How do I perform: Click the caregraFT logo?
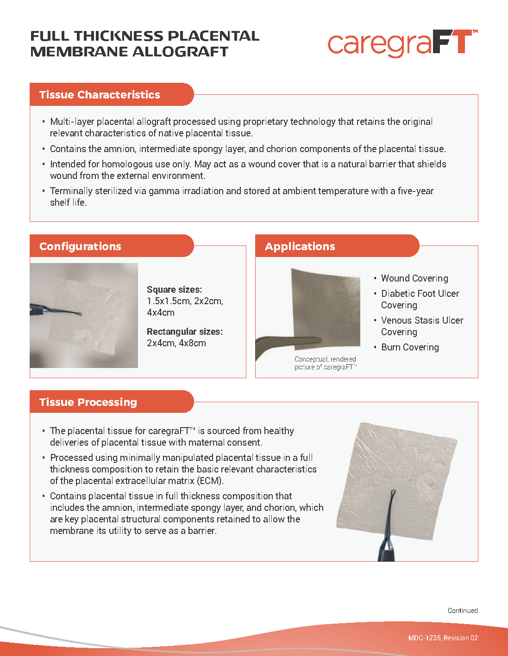coord(402,43)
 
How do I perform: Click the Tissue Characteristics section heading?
coord(100,95)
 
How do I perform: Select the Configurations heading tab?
coord(80,246)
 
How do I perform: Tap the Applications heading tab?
coord(300,246)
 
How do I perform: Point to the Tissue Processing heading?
coord(88,402)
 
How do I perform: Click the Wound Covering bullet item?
coord(414,278)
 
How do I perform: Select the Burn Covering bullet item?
coord(410,347)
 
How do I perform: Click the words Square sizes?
coord(174,289)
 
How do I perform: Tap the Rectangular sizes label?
coord(184,331)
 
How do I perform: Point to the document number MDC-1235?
coord(425,638)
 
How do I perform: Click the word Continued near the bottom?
coord(462,611)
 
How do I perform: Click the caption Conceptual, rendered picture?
coord(325,363)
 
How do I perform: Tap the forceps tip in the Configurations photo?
coord(79,314)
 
